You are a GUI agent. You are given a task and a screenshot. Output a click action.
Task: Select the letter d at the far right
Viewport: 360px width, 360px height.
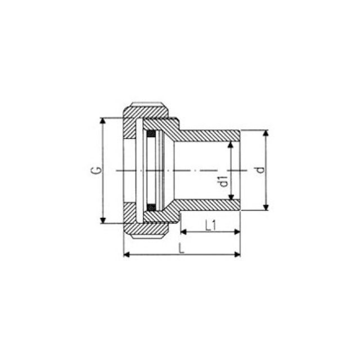coord(259,170)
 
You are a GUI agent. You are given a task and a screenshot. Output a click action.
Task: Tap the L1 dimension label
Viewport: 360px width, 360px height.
coord(211,226)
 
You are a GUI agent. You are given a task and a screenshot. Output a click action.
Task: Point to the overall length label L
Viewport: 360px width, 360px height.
coord(181,248)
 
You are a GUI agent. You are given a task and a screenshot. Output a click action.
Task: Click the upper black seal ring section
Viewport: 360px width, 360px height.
coord(151,134)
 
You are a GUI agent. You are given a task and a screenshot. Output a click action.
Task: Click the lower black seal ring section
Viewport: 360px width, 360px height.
coord(151,207)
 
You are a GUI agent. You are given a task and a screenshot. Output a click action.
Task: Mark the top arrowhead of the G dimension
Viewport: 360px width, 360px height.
coord(102,121)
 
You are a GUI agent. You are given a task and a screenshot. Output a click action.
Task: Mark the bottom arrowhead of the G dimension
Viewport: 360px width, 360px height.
coord(102,220)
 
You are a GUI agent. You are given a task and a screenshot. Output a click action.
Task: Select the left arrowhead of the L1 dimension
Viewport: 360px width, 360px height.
coord(183,231)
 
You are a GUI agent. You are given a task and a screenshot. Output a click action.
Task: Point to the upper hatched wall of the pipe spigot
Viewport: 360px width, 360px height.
coord(211,136)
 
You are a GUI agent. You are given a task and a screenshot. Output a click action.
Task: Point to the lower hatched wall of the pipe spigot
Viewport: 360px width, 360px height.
coord(211,205)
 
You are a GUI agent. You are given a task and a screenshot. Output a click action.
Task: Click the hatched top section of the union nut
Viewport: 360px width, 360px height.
coord(147,109)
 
